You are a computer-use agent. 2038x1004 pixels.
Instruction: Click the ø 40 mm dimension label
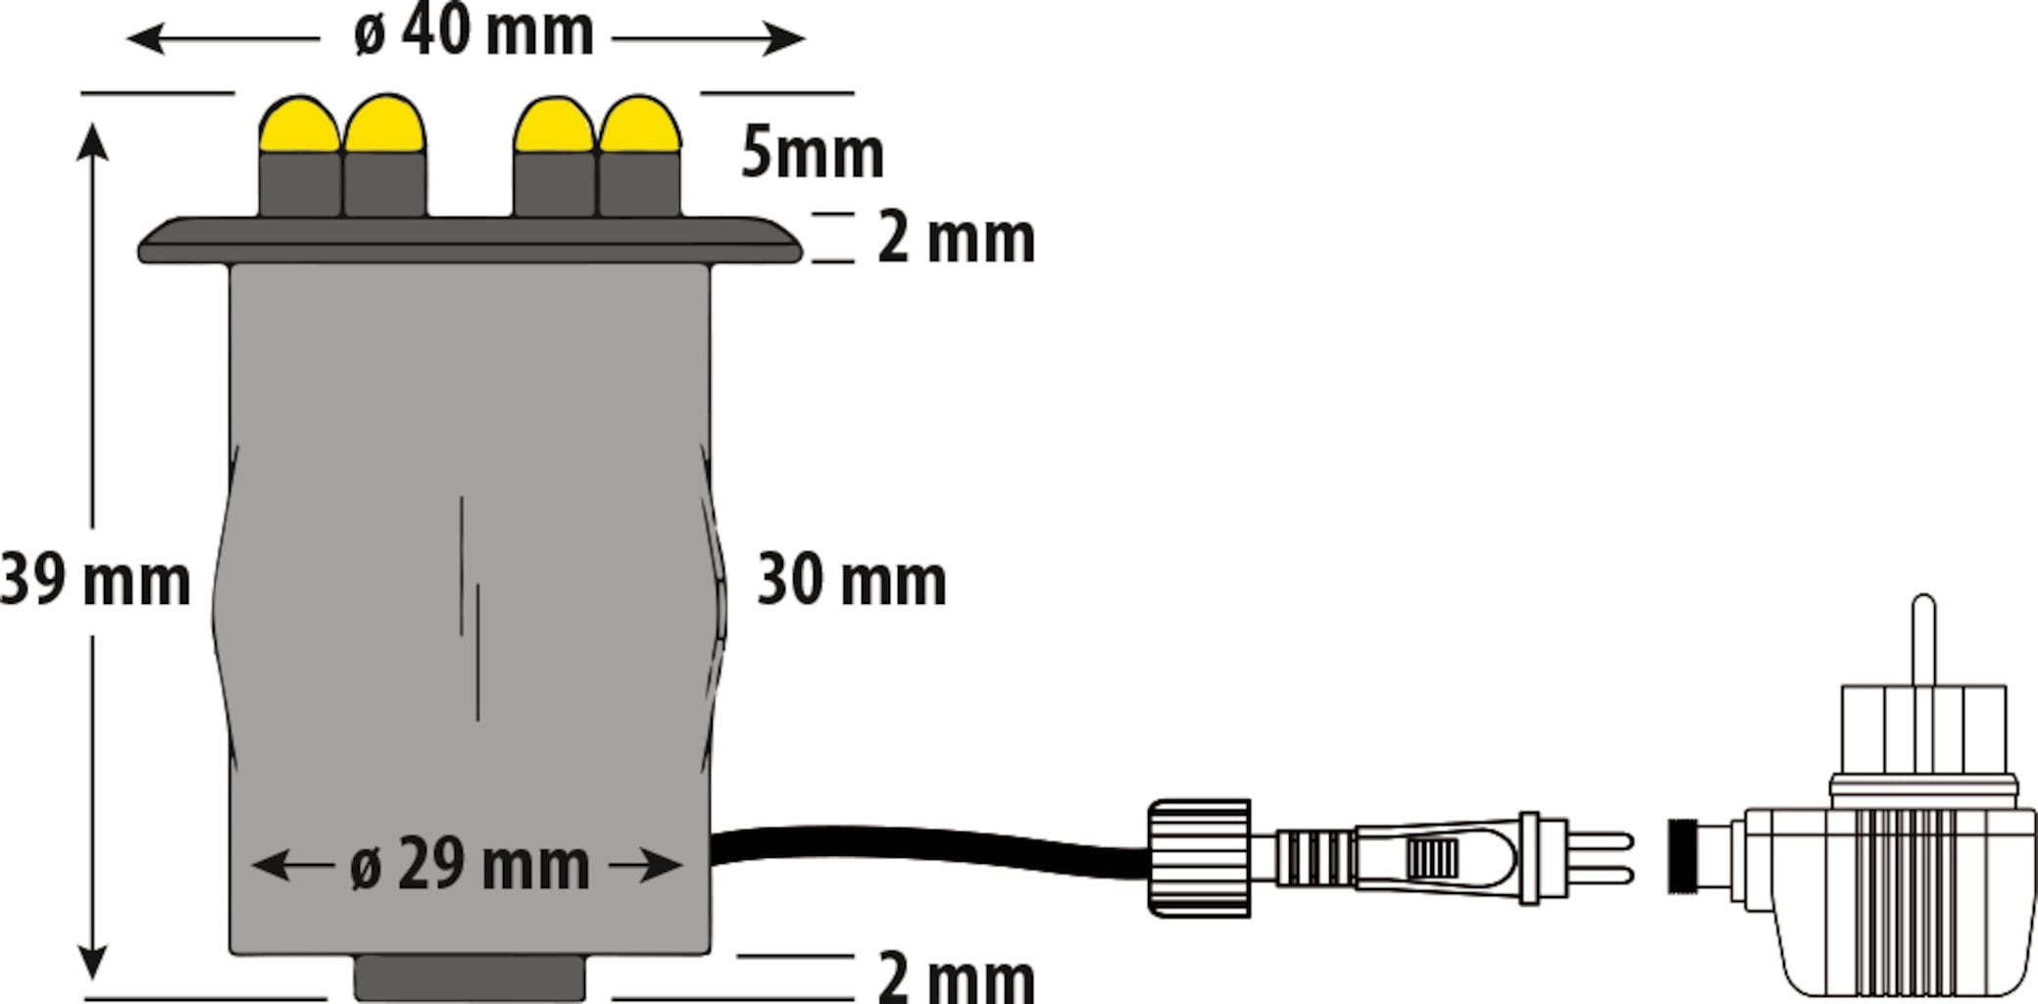473,33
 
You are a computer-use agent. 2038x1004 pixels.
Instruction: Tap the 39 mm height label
95,580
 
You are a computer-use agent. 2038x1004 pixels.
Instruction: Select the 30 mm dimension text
852,580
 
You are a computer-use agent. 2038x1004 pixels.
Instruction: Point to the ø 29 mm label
470,865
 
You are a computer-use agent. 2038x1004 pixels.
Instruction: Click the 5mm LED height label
812,153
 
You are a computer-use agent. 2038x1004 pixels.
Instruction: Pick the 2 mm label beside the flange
956,238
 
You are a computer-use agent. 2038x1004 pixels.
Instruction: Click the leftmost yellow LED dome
299,125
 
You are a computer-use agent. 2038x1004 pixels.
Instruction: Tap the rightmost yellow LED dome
640,125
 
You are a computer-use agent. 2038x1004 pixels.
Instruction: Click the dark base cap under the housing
470,978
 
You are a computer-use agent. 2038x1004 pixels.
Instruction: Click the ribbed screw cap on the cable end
1199,859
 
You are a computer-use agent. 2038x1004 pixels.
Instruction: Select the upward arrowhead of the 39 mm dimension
92,140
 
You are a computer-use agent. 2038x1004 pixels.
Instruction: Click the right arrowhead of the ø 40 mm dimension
786,39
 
